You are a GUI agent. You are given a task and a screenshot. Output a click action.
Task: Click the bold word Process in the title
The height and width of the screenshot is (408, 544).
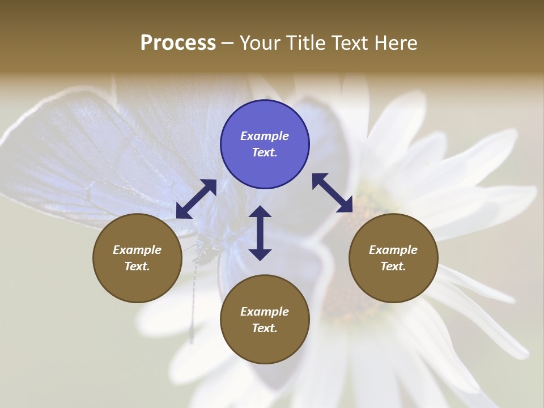click(178, 43)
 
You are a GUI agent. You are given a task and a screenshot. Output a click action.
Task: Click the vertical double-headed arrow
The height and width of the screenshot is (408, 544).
click(260, 233)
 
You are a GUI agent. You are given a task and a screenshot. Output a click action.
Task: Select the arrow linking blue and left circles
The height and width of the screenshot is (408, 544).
click(196, 199)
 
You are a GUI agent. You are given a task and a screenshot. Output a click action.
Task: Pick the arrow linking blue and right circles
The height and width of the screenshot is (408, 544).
click(333, 193)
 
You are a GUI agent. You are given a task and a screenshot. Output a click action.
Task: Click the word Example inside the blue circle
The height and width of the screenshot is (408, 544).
click(265, 136)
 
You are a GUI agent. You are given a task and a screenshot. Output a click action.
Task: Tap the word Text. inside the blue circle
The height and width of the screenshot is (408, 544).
click(265, 153)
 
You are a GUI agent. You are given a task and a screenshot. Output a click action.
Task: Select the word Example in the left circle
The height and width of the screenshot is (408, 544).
click(137, 250)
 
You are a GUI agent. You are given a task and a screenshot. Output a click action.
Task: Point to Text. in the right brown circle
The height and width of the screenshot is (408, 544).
click(393, 266)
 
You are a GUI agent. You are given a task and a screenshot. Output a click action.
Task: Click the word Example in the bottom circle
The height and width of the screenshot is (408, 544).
click(265, 312)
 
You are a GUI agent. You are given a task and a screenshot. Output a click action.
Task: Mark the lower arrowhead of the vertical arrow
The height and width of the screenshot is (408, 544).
click(260, 253)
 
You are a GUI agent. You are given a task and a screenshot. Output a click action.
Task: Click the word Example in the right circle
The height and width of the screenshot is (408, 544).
click(393, 250)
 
